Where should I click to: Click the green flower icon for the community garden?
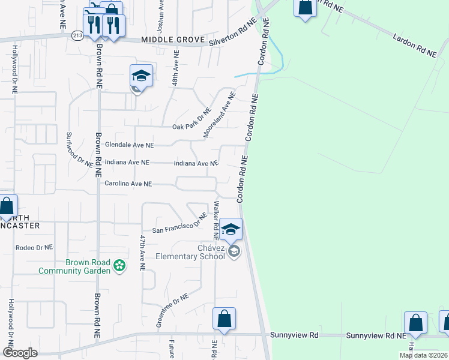tap(120, 265)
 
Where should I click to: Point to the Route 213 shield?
tap(77, 35)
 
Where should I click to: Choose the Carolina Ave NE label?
tap(128, 184)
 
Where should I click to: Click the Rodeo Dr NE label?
tap(34, 247)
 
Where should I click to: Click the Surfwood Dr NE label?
tap(80, 149)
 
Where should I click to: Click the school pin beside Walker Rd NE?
tap(231, 229)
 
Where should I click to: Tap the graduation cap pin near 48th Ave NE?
tap(141, 76)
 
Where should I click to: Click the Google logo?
tap(19, 353)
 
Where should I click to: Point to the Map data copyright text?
tap(423, 355)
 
